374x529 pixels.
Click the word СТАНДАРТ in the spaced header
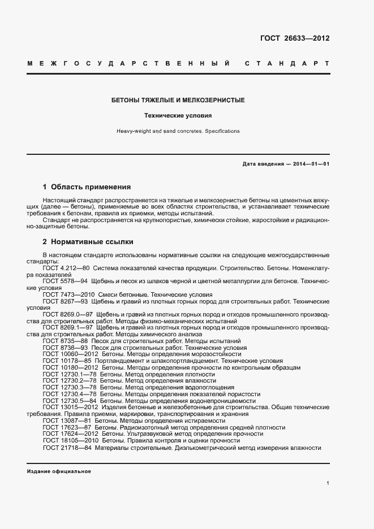point(288,63)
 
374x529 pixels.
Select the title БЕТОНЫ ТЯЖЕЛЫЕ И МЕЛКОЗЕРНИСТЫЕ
point(178,100)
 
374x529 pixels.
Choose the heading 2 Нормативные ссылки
point(88,242)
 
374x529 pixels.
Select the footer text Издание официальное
point(59,471)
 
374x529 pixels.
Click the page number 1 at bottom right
point(328,483)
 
